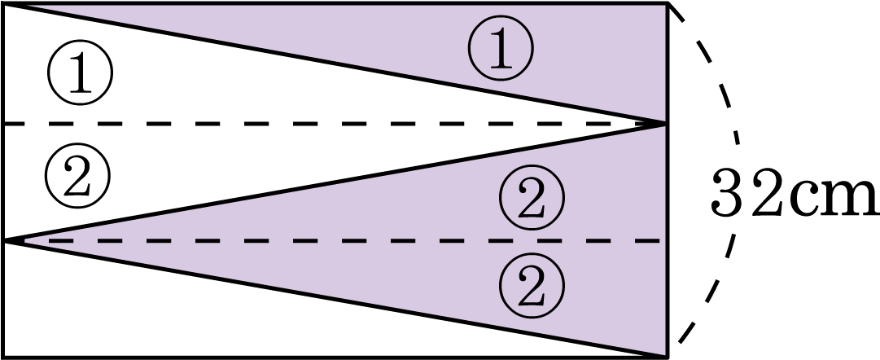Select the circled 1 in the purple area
pyautogui.click(x=500, y=49)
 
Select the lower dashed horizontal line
pyautogui.click(x=366, y=240)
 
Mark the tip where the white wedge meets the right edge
pyautogui.click(x=664, y=124)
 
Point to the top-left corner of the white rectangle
pyautogui.click(x=3, y=4)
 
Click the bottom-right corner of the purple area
pyautogui.click(x=665, y=355)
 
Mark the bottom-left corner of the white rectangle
pyautogui.click(x=3, y=356)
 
